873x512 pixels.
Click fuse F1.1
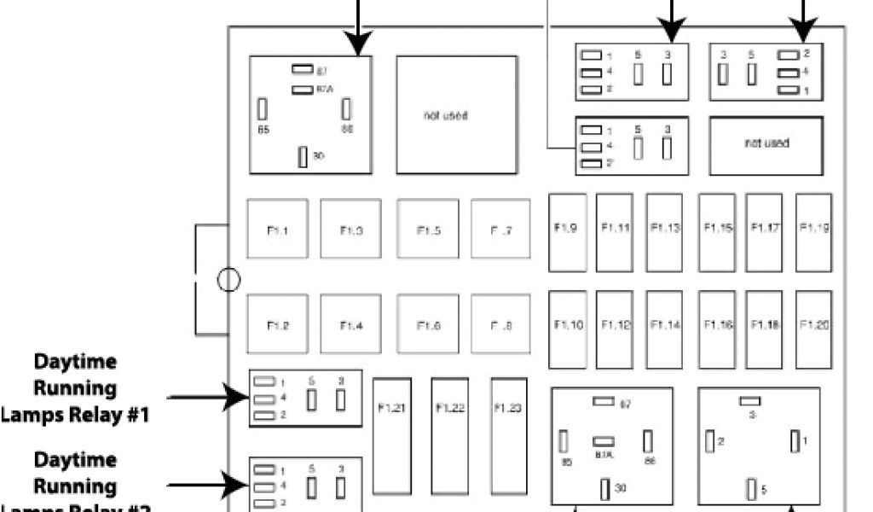click(x=278, y=229)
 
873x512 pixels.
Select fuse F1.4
click(x=351, y=324)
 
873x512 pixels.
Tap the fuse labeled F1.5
click(x=427, y=229)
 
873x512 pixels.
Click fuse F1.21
click(x=392, y=435)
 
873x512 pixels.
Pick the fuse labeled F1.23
click(x=507, y=435)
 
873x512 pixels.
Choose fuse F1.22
click(x=449, y=435)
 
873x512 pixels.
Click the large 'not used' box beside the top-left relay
click(x=457, y=115)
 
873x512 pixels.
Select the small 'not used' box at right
click(x=766, y=144)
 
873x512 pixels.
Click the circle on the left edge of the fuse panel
click(x=228, y=280)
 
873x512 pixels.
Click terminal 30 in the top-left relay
click(x=303, y=157)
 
